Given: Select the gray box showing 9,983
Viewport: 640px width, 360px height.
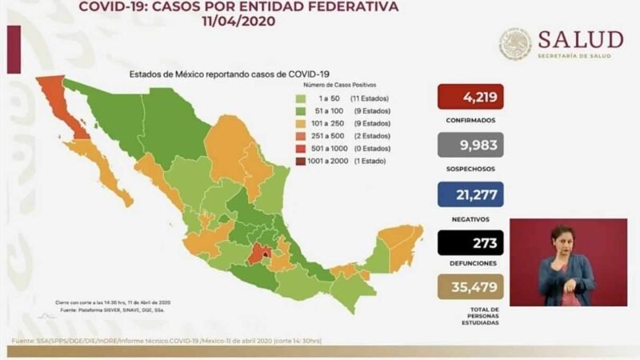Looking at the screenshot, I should pyautogui.click(x=470, y=145).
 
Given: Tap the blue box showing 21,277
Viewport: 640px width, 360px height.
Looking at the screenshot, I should pyautogui.click(x=470, y=194).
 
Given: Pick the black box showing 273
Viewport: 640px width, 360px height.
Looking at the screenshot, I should pyautogui.click(x=470, y=242).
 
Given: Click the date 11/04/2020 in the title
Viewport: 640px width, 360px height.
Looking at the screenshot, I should pyautogui.click(x=238, y=22).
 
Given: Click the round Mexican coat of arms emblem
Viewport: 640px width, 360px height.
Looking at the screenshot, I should pyautogui.click(x=517, y=45).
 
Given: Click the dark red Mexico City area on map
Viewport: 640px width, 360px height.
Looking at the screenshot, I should pyautogui.click(x=255, y=254).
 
